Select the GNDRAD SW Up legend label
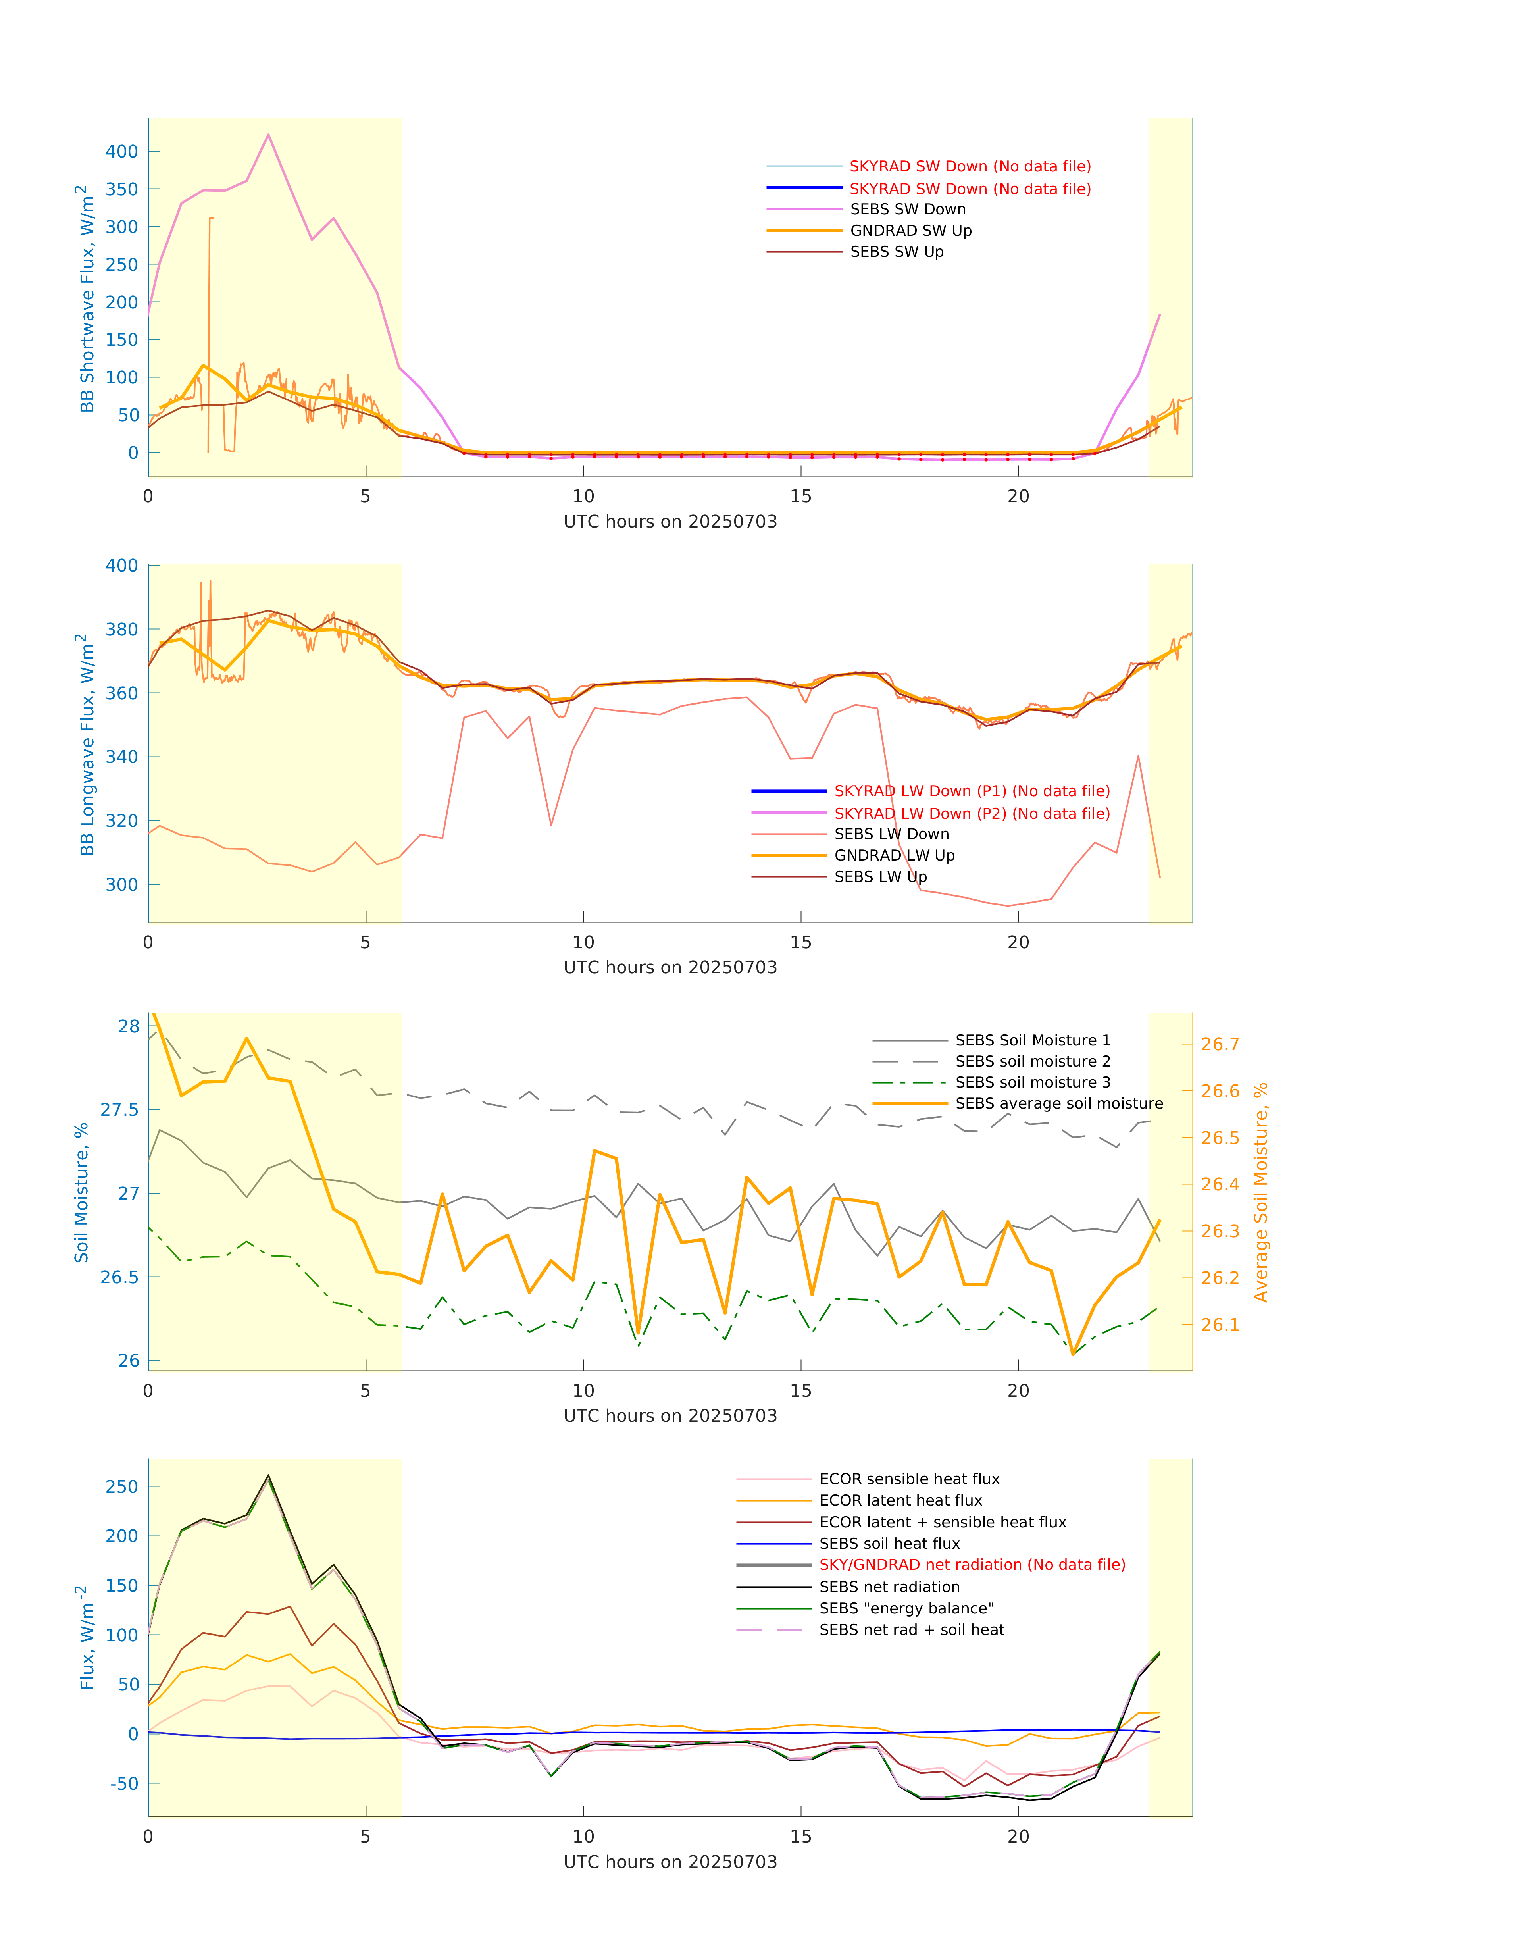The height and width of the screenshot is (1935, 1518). pos(910,231)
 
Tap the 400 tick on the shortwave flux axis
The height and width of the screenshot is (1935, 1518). pos(122,152)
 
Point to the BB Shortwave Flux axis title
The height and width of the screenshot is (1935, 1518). pos(86,298)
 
